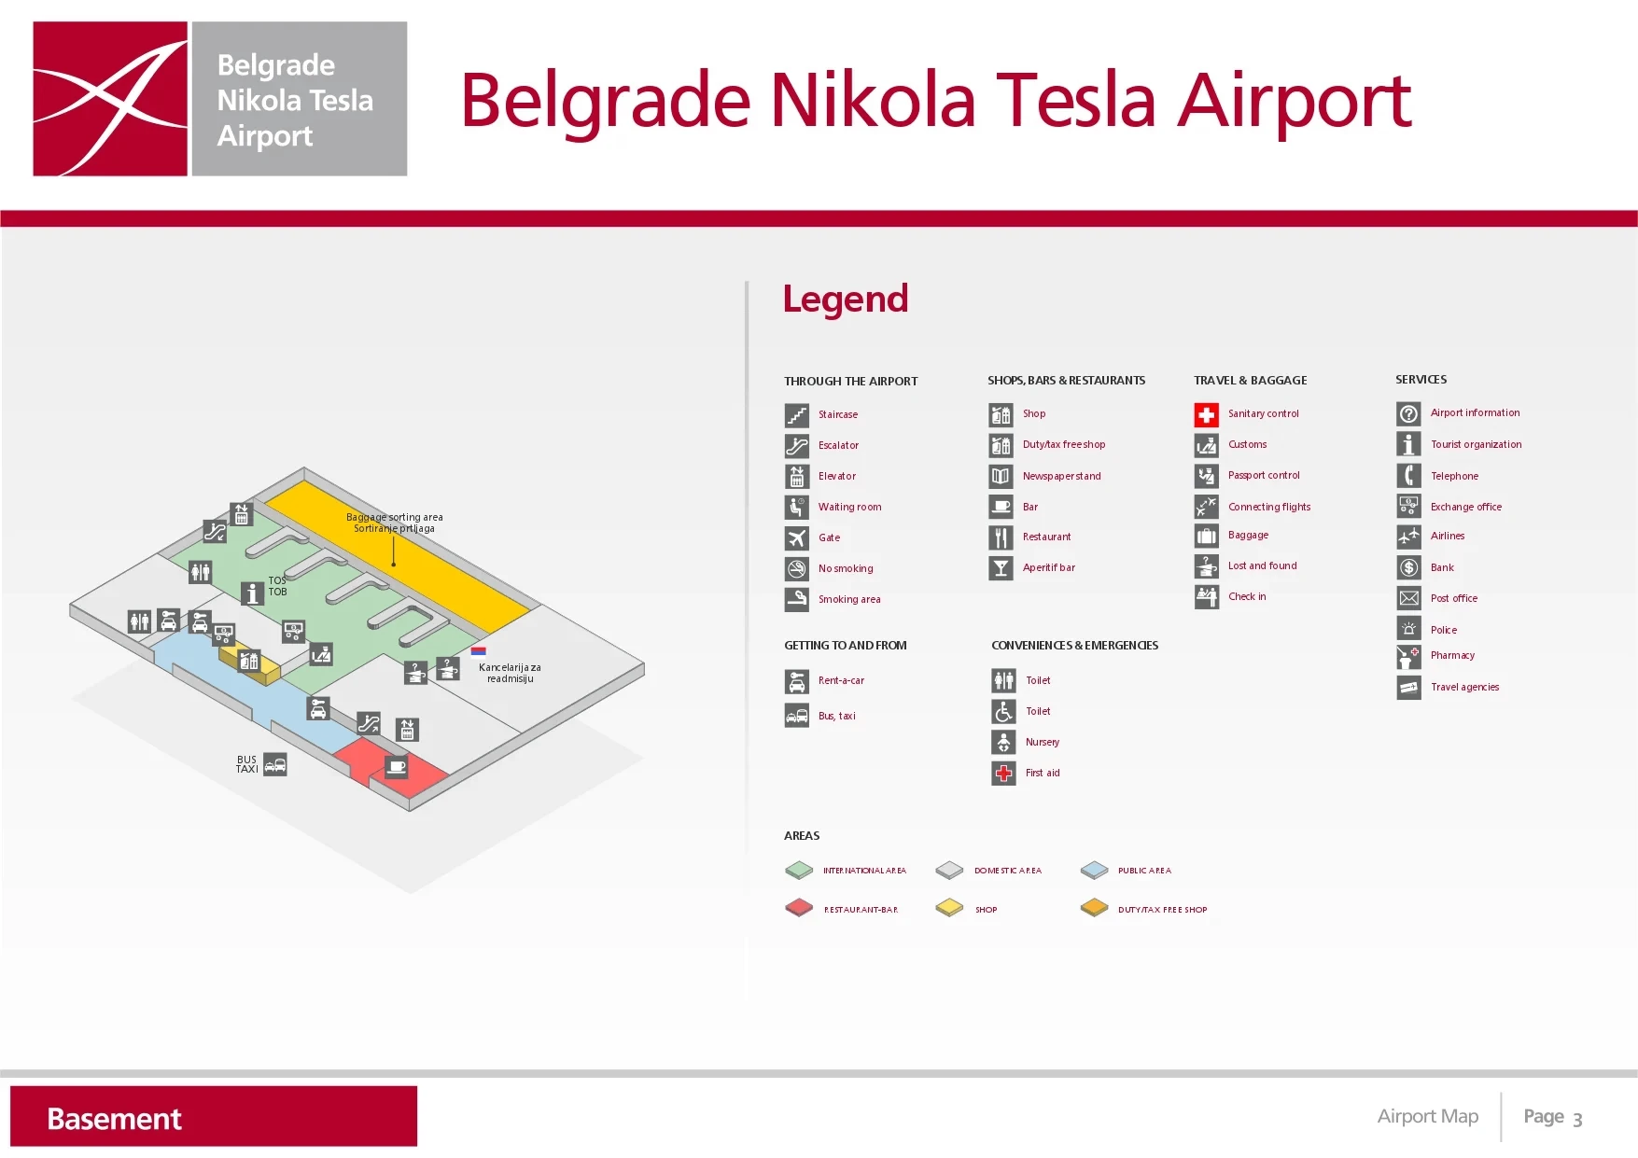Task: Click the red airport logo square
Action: pos(110,99)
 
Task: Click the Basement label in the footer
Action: pos(114,1118)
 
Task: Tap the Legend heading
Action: pos(845,299)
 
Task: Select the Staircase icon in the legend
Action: pos(796,414)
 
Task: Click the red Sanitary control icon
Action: pos(1206,414)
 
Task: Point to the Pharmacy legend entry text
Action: pos(1452,655)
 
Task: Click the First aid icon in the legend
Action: pos(1003,773)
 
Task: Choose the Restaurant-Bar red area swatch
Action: pos(799,908)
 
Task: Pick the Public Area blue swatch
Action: pos(1094,870)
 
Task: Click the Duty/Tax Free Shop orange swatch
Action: pos(1094,908)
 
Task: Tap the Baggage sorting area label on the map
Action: pos(394,523)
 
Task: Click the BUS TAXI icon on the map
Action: pos(275,765)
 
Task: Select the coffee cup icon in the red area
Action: pos(397,766)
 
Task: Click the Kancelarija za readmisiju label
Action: pos(510,673)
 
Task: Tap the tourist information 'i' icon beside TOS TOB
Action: pos(252,593)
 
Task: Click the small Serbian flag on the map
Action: pos(478,650)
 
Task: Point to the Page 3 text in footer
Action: pos(1552,1117)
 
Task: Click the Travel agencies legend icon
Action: pos(1408,688)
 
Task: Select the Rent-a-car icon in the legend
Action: pos(796,681)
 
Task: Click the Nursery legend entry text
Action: pos(1042,742)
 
